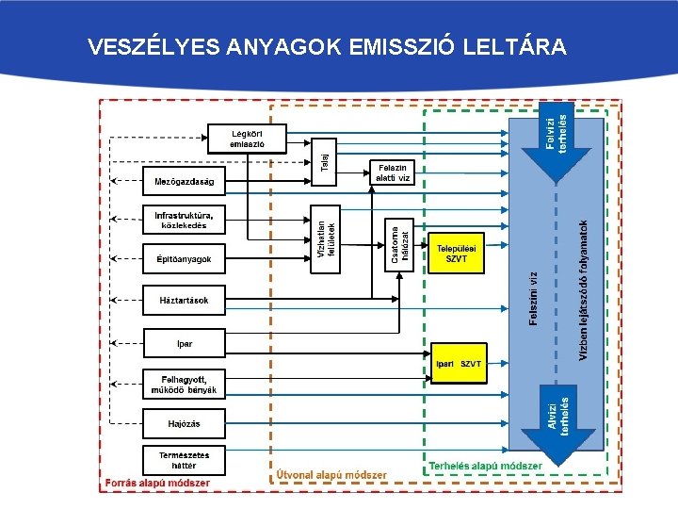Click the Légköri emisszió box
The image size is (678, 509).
246,139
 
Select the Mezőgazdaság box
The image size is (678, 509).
184,181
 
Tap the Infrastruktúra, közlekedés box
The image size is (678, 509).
184,220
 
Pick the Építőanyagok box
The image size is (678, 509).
184,258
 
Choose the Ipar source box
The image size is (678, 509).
184,342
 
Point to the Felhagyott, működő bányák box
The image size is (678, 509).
184,385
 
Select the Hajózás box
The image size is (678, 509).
184,423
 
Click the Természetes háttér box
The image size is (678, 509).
184,459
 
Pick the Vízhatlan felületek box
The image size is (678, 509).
325,240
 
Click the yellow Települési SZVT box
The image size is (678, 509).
457,253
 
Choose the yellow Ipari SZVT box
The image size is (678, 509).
458,363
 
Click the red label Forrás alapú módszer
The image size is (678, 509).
157,483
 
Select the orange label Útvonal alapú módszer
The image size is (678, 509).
331,474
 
